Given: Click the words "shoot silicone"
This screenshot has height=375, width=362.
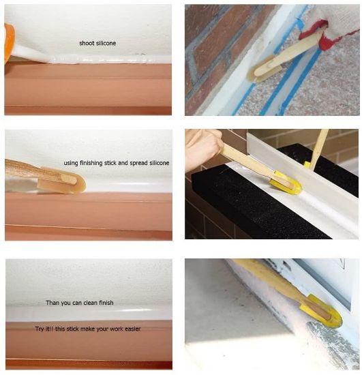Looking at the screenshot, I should [97, 43].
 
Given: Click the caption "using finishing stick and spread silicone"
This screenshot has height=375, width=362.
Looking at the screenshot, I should [117, 163].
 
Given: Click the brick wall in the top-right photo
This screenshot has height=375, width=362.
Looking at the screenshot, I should [218, 41].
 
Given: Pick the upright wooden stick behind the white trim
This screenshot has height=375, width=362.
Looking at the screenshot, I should [319, 147].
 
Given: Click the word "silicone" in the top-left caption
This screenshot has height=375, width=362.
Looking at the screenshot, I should [105, 43].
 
